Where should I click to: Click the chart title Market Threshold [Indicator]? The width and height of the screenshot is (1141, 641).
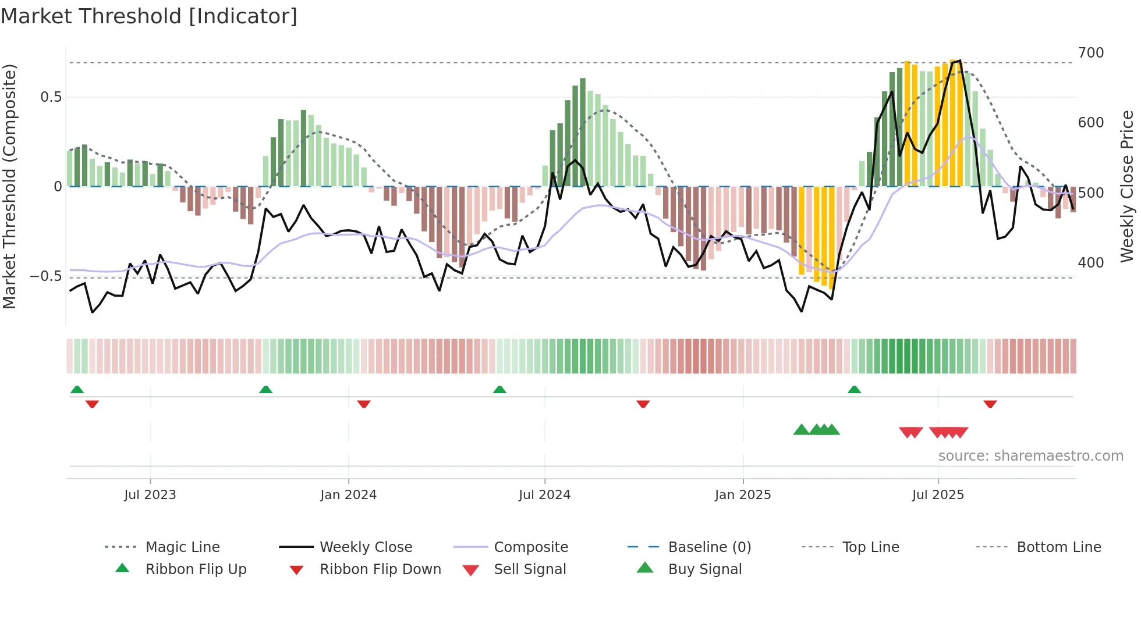click(149, 16)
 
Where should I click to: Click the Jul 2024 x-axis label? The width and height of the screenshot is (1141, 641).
click(544, 495)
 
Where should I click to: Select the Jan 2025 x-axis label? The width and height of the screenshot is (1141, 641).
click(743, 495)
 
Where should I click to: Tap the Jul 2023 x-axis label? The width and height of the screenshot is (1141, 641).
click(150, 495)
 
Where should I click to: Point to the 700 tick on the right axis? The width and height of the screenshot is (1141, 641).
click(1091, 53)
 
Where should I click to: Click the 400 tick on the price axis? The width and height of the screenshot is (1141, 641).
click(1091, 263)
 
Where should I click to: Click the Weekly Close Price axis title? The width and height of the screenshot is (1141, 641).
click(1127, 186)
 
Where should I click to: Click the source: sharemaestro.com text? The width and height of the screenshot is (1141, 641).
click(1030, 456)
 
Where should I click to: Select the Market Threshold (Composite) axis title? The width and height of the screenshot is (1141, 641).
click(9, 186)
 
